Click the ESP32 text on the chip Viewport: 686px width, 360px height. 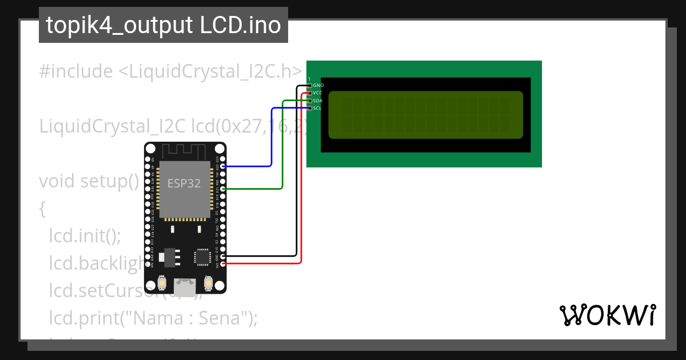(184, 183)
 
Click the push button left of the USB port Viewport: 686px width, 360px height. (162, 283)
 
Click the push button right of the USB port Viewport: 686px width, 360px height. (209, 283)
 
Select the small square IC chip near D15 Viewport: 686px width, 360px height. (203, 257)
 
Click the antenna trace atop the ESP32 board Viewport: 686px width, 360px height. (185, 151)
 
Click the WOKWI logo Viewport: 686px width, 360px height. (607, 315)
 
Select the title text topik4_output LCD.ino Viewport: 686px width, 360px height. (163, 25)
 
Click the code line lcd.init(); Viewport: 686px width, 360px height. (85, 235)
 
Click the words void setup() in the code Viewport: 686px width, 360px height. (89, 181)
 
